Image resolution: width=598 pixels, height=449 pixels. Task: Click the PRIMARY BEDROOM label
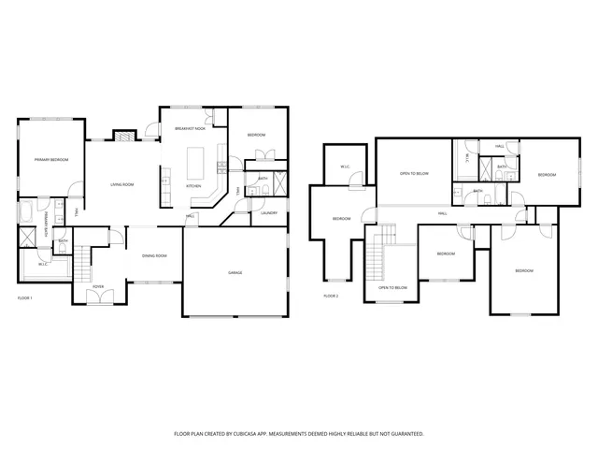coord(51,161)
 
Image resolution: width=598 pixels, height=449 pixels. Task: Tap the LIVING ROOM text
coord(122,184)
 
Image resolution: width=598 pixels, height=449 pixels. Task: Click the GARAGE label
coord(235,273)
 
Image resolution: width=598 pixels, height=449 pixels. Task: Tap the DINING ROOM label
coord(154,255)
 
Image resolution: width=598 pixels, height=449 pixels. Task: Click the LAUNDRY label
coord(269,212)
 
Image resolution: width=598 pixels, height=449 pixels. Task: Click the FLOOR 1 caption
coord(25,297)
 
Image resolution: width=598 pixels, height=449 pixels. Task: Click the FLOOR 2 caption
coord(331,296)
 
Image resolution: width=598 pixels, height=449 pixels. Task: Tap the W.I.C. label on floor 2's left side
coord(345,168)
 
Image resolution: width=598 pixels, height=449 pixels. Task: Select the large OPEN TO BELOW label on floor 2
coord(414,173)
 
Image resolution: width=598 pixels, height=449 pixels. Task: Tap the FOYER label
coord(98,287)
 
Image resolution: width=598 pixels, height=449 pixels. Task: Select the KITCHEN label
coord(193,186)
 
